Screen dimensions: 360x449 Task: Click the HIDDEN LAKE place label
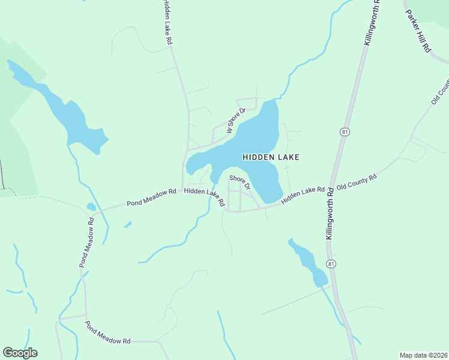point(270,157)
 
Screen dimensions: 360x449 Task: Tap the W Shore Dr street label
point(237,121)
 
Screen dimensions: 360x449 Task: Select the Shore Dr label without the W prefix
point(239,182)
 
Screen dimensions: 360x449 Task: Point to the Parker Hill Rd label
point(418,31)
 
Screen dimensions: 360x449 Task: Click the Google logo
point(20,353)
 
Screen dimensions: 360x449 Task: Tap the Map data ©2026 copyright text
point(423,355)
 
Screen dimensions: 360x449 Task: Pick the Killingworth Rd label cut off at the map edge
point(372,23)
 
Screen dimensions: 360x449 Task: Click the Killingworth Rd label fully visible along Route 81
point(330,213)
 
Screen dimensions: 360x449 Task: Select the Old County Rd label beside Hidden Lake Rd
point(357,182)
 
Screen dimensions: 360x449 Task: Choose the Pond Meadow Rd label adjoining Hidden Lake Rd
point(151,196)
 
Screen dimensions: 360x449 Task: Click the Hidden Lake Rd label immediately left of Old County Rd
point(303,193)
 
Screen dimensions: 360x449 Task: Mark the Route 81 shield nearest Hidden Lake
point(344,132)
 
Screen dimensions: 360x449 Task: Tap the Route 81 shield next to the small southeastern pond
point(331,264)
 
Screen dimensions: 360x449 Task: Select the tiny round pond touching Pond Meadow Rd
point(91,207)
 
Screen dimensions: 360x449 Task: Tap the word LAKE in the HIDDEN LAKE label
point(286,157)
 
